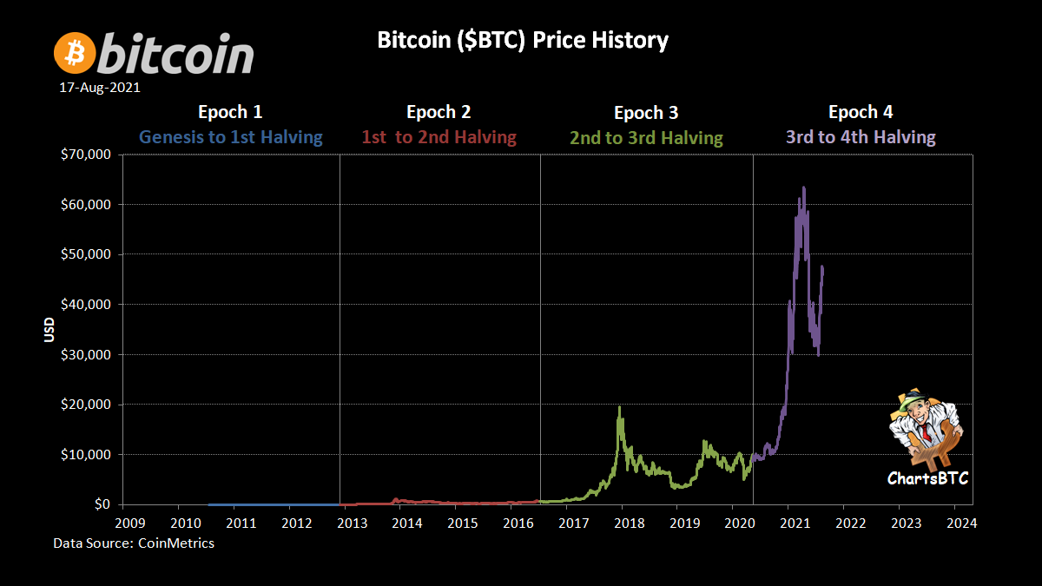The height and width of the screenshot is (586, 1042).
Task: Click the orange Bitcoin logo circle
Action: click(75, 54)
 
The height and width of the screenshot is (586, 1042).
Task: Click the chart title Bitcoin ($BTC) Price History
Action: click(523, 40)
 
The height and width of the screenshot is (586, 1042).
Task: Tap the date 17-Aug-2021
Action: click(99, 88)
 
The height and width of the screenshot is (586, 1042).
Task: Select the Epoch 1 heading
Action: click(230, 112)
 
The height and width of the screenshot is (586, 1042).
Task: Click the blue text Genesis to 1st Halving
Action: click(231, 137)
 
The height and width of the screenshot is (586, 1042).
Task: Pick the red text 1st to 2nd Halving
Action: click(439, 137)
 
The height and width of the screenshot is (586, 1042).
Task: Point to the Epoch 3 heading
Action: click(646, 113)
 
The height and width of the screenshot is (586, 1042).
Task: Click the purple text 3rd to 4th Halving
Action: click(861, 137)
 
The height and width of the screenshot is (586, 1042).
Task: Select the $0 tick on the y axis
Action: click(101, 504)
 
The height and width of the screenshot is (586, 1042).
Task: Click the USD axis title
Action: click(49, 329)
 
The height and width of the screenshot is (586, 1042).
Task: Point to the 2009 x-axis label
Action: click(129, 523)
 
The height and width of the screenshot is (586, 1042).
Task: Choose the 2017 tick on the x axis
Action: click(574, 523)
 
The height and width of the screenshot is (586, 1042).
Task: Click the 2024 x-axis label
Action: click(962, 523)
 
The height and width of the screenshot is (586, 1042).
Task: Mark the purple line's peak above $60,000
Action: click(803, 188)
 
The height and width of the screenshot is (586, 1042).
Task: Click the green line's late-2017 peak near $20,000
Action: click(619, 407)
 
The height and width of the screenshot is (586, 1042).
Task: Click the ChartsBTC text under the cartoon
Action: click(927, 478)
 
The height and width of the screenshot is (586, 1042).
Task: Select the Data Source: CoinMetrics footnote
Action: click(134, 543)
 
